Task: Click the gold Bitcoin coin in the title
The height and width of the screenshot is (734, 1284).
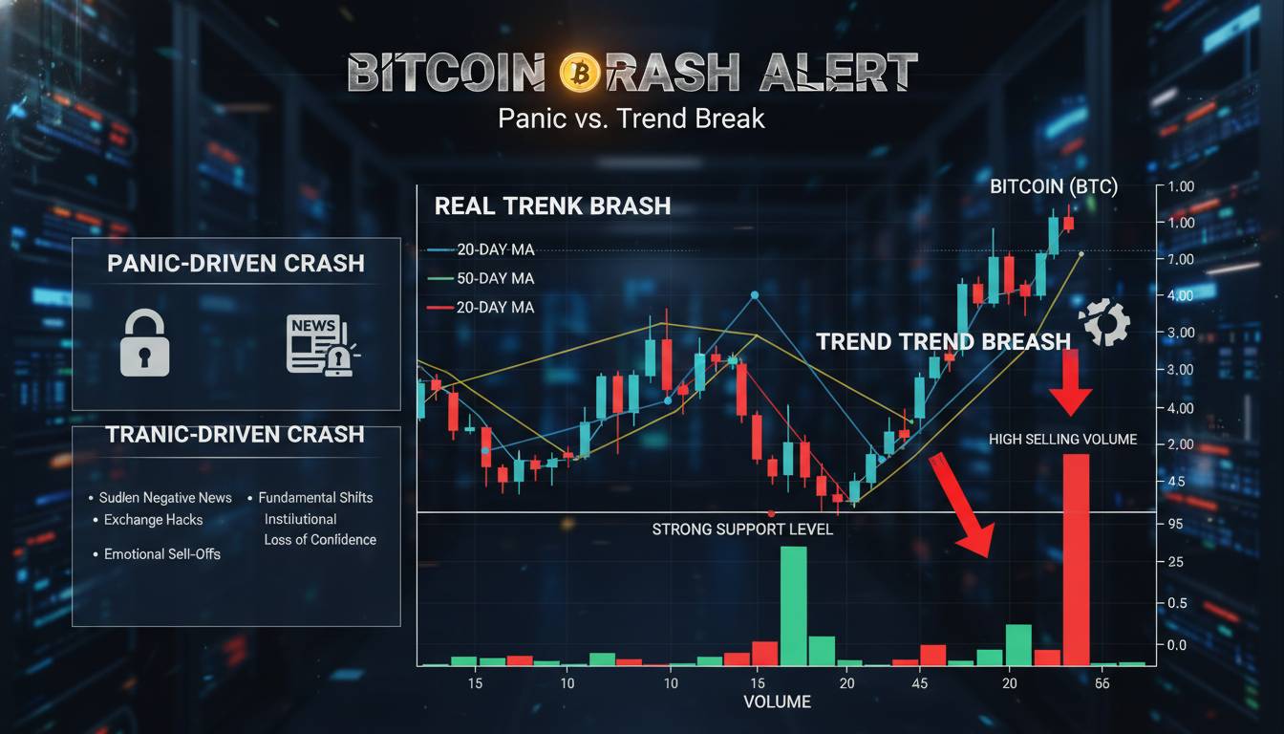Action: tap(580, 72)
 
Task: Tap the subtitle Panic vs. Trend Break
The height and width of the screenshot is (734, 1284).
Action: tap(631, 119)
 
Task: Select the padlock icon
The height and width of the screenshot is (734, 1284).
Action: tap(145, 345)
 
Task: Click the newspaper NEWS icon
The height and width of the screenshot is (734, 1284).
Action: tap(319, 345)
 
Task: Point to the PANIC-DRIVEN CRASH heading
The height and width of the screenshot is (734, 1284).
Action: tap(236, 264)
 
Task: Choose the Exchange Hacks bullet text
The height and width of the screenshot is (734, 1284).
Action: tap(153, 520)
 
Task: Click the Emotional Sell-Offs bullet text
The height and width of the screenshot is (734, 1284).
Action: tap(161, 554)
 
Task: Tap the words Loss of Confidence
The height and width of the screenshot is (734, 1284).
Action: tap(320, 540)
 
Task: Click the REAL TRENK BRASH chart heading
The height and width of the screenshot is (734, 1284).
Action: tap(552, 206)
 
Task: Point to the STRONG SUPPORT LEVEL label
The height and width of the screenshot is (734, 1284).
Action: tap(742, 529)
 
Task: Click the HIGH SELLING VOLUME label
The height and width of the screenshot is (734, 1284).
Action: tap(1063, 440)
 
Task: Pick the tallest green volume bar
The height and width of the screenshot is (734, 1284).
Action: tap(793, 606)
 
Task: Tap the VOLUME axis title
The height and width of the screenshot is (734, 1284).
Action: tap(777, 702)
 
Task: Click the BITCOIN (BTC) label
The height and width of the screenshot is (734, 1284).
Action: tap(1053, 187)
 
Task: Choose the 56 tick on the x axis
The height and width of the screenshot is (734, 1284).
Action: tap(1102, 684)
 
